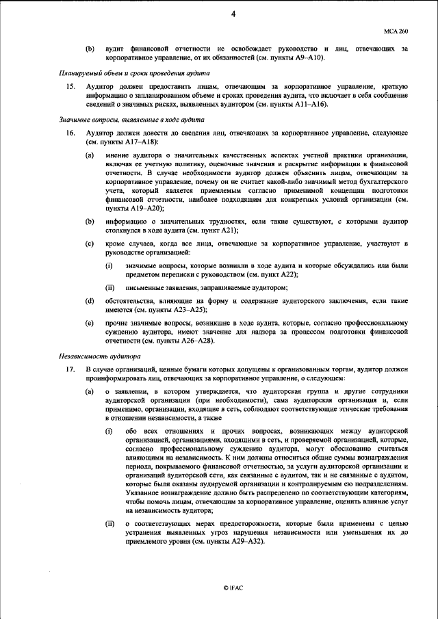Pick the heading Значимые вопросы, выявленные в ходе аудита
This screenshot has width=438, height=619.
[x=118, y=119]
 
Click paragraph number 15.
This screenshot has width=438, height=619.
[x=70, y=87]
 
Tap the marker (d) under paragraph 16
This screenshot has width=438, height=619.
[x=89, y=300]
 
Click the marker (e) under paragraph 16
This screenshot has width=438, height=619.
[x=89, y=322]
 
